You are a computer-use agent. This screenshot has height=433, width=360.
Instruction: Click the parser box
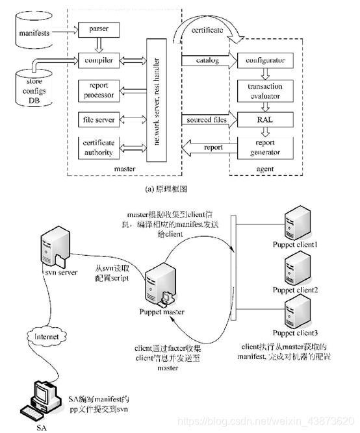pyautogui.click(x=97, y=30)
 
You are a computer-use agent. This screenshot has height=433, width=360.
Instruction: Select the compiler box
pyautogui.click(x=97, y=60)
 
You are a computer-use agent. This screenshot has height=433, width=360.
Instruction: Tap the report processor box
pyautogui.click(x=97, y=90)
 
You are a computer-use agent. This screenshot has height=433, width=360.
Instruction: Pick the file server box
pyautogui.click(x=97, y=120)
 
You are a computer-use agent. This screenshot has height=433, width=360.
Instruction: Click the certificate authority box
pyautogui.click(x=97, y=148)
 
